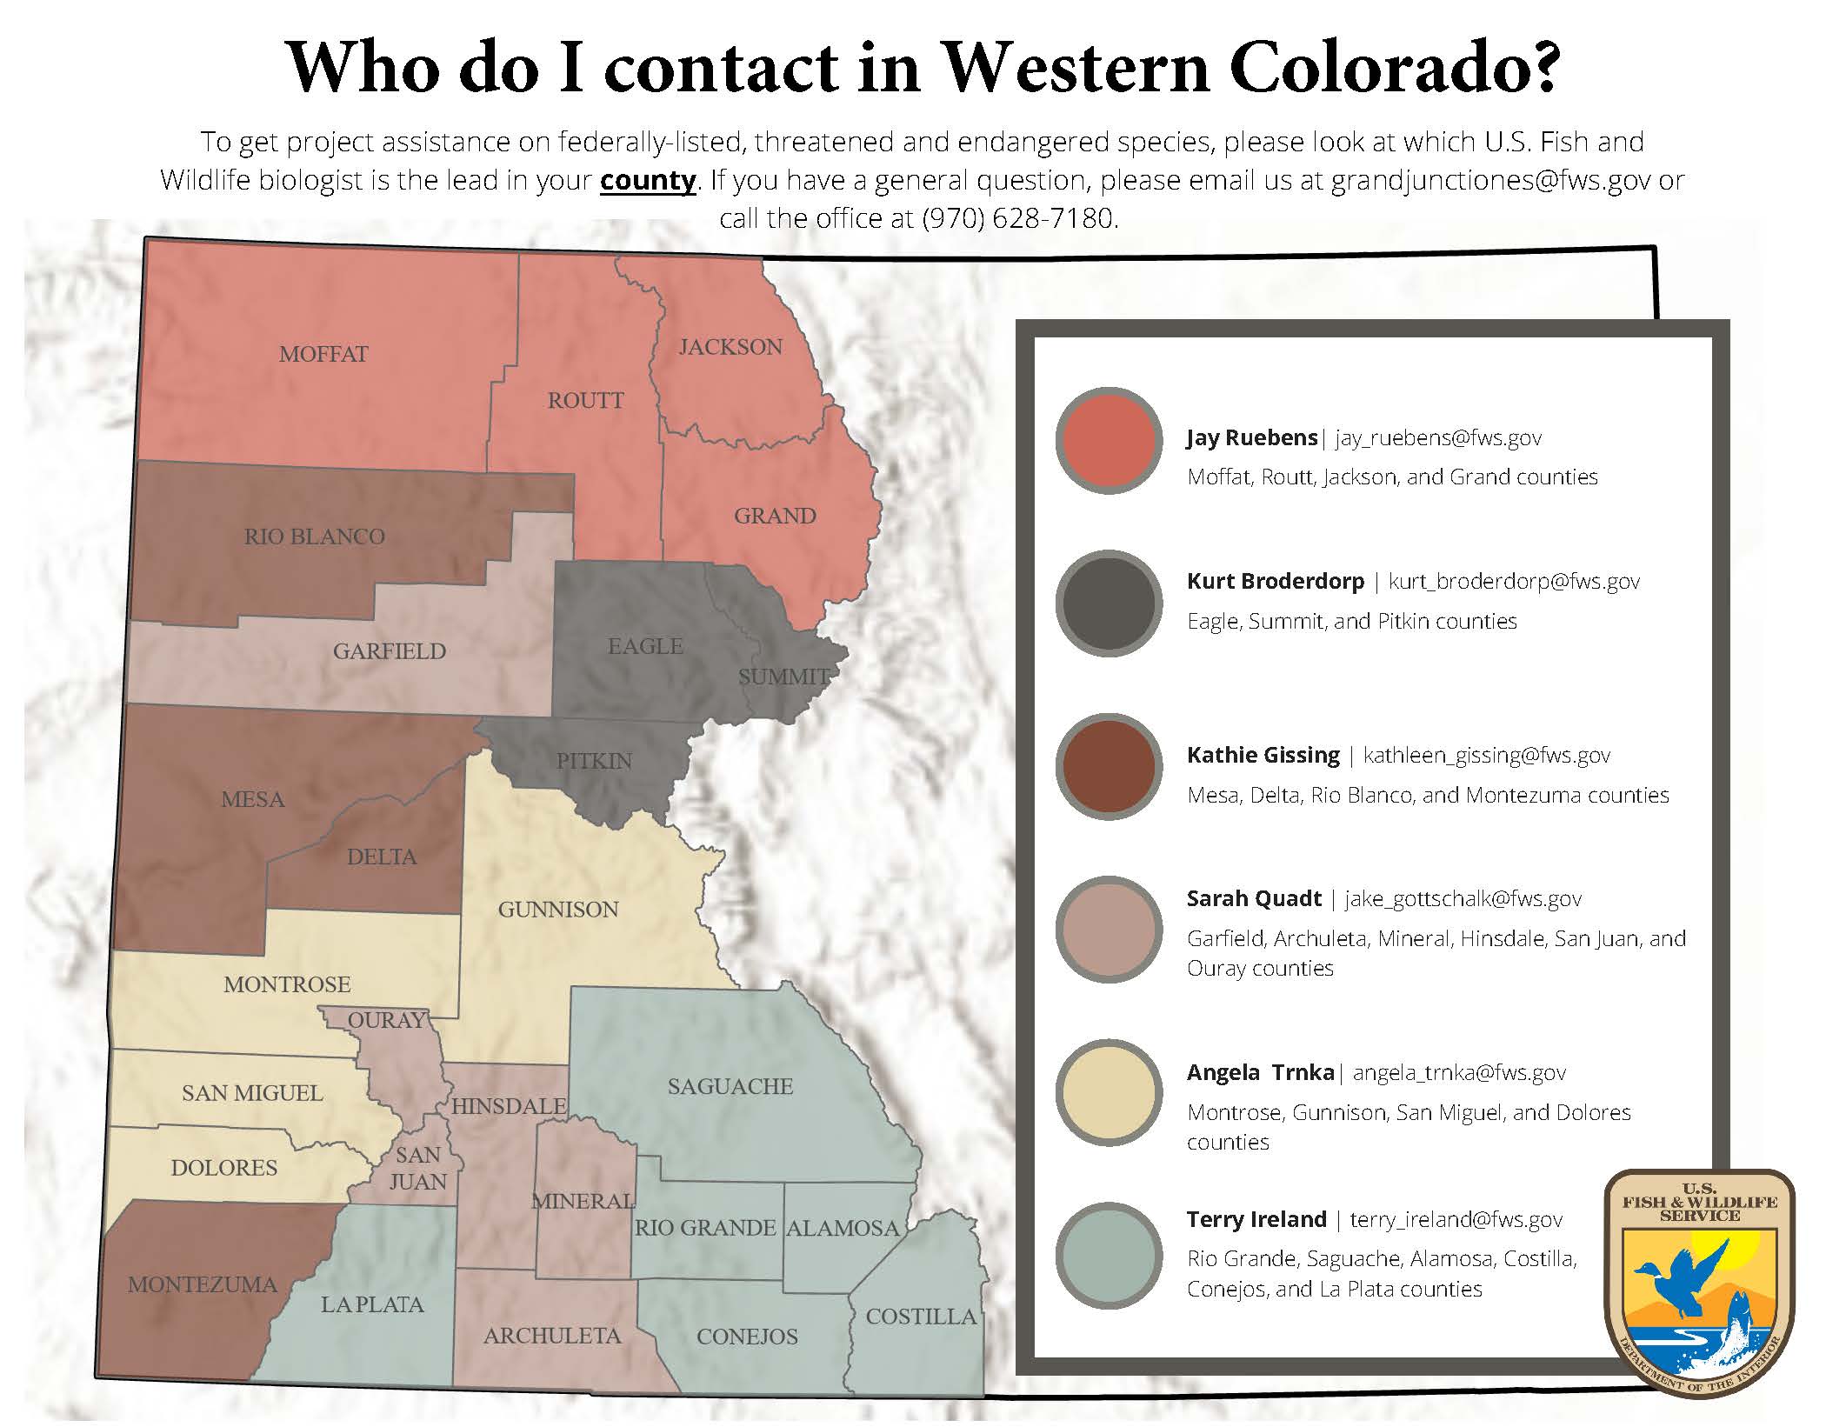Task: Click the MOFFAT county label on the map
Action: [323, 354]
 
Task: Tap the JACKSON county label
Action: [730, 347]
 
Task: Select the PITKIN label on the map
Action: [594, 761]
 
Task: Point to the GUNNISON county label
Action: [558, 910]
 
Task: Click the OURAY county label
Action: [387, 1020]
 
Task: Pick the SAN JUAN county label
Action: [418, 1168]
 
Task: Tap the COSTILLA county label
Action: [921, 1317]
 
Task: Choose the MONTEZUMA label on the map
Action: [203, 1284]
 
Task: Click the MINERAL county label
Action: [583, 1201]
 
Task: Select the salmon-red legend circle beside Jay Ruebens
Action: [1109, 441]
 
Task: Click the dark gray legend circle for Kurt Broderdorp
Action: [1109, 603]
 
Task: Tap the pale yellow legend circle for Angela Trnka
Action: [1109, 1092]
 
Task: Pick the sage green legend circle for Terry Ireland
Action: [1109, 1256]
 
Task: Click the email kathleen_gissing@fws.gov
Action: [1487, 756]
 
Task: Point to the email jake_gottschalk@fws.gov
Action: [1463, 899]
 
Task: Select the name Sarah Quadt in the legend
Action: [1254, 899]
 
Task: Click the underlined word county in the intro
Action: [648, 181]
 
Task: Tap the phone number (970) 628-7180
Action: [1017, 218]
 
